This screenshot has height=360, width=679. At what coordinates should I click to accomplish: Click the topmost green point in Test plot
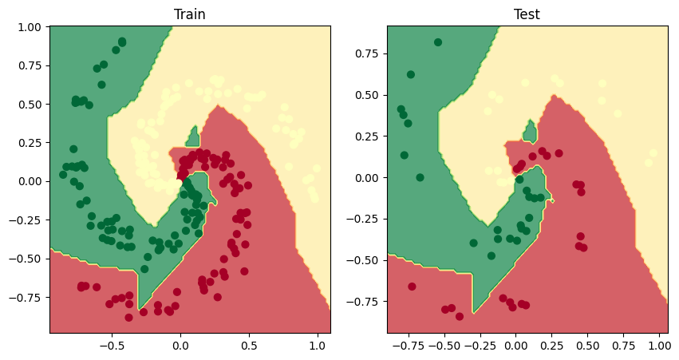(x=438, y=42)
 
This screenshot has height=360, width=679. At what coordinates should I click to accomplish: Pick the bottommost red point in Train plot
(x=128, y=318)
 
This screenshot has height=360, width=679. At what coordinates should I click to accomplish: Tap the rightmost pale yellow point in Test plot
(x=653, y=152)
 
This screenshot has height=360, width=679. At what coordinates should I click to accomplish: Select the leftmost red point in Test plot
(x=413, y=287)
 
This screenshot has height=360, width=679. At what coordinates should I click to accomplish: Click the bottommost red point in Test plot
(x=460, y=316)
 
